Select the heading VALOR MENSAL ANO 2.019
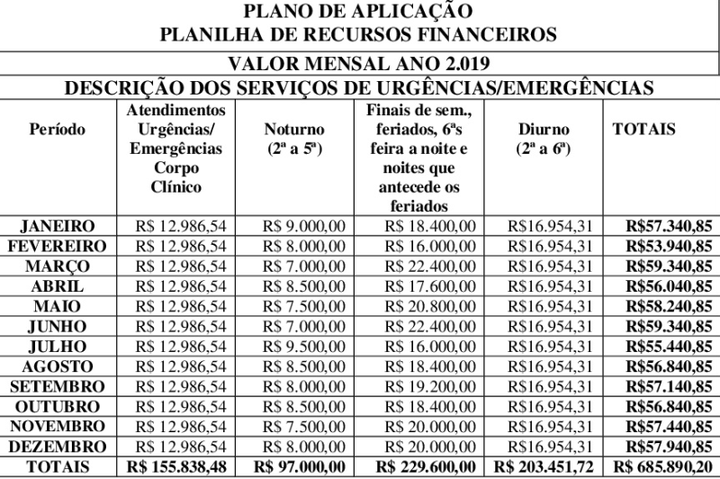(x=359, y=65)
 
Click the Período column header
(x=58, y=130)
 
